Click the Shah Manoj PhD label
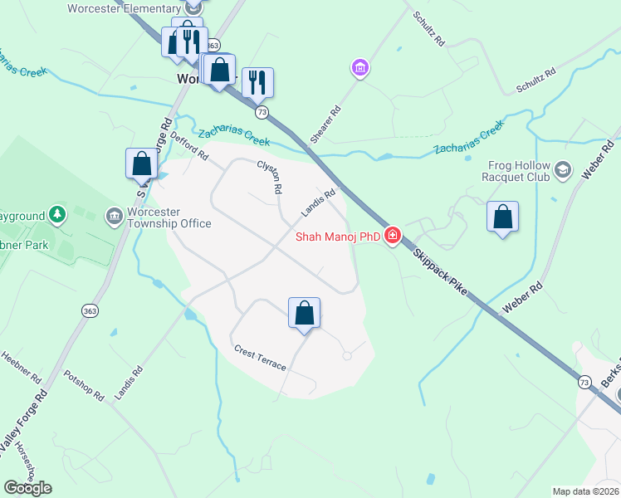click(338, 237)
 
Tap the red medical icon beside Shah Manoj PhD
click(392, 237)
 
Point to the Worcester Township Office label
click(169, 217)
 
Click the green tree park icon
click(57, 216)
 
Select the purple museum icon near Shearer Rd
click(360, 67)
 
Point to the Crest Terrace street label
click(260, 358)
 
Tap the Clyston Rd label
click(270, 177)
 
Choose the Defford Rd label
click(189, 149)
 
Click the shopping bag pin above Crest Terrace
click(305, 314)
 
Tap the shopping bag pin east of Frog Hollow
click(502, 217)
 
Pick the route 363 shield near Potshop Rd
click(89, 310)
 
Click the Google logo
click(27, 487)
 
